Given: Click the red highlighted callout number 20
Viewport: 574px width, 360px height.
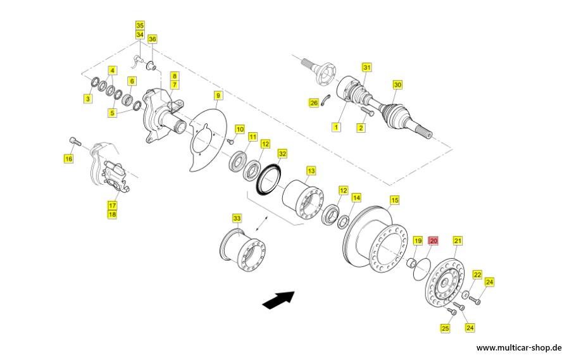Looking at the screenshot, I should [434, 241].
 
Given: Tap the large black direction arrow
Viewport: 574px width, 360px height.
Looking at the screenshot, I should [279, 299].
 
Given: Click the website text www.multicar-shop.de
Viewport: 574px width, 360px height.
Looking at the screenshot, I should [520, 347].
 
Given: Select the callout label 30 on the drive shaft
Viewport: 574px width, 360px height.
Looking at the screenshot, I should [397, 84].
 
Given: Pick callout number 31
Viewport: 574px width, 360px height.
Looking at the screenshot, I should [366, 67].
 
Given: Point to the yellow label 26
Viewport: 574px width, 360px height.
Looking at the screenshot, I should [313, 102].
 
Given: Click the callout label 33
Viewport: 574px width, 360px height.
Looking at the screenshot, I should [237, 218].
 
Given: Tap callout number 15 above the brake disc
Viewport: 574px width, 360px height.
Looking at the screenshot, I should [394, 200].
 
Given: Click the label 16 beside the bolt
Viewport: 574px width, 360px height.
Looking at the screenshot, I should [68, 158].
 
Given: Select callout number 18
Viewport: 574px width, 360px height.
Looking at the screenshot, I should [112, 214].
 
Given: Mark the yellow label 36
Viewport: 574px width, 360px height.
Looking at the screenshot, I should [152, 39].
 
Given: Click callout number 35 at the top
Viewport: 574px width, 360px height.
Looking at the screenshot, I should [140, 25].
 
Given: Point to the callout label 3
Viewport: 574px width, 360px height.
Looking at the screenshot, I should [88, 98].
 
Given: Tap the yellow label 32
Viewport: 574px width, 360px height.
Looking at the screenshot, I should [282, 154].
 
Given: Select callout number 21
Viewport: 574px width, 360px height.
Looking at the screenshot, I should [458, 240].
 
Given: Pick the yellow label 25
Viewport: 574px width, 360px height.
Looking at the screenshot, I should [445, 328].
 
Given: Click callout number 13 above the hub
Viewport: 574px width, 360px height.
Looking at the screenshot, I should [310, 171].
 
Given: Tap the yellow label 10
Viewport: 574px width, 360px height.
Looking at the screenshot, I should [239, 129].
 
